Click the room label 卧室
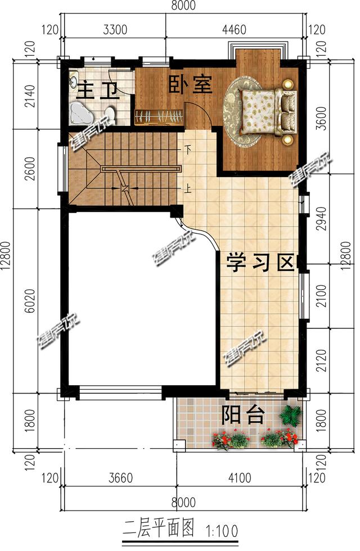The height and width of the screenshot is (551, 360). click(x=190, y=85)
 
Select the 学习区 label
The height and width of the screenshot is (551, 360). click(x=261, y=262)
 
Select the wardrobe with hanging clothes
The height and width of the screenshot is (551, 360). click(x=160, y=117)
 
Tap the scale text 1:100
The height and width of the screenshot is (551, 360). click(x=222, y=530)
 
